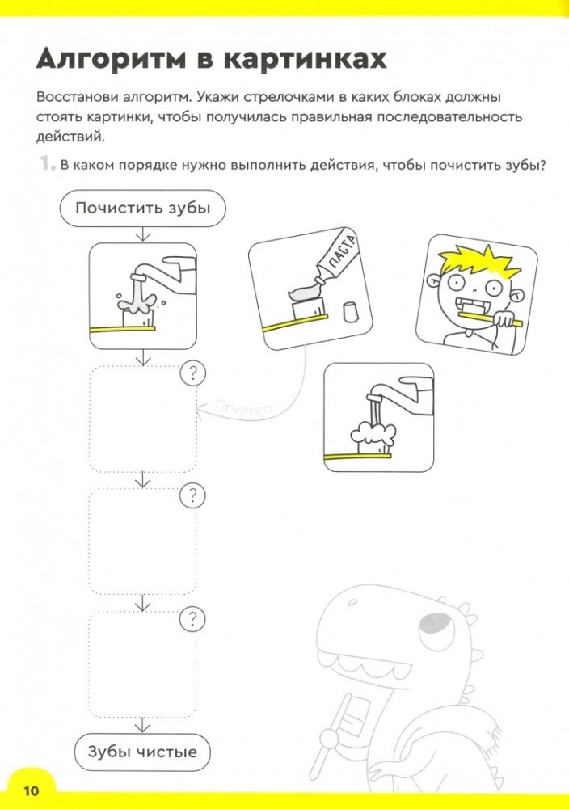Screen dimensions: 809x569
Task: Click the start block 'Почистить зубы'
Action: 143,209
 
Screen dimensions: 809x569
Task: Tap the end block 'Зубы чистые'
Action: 142,752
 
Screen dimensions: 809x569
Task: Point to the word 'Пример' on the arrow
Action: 246,408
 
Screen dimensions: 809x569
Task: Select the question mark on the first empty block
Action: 192,374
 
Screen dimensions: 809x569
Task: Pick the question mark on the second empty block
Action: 192,495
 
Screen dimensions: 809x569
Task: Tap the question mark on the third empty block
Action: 192,620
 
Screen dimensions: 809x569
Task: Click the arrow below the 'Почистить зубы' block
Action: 143,234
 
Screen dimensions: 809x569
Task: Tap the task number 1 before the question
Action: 45,166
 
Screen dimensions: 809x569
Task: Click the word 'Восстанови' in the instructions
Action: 78,97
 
